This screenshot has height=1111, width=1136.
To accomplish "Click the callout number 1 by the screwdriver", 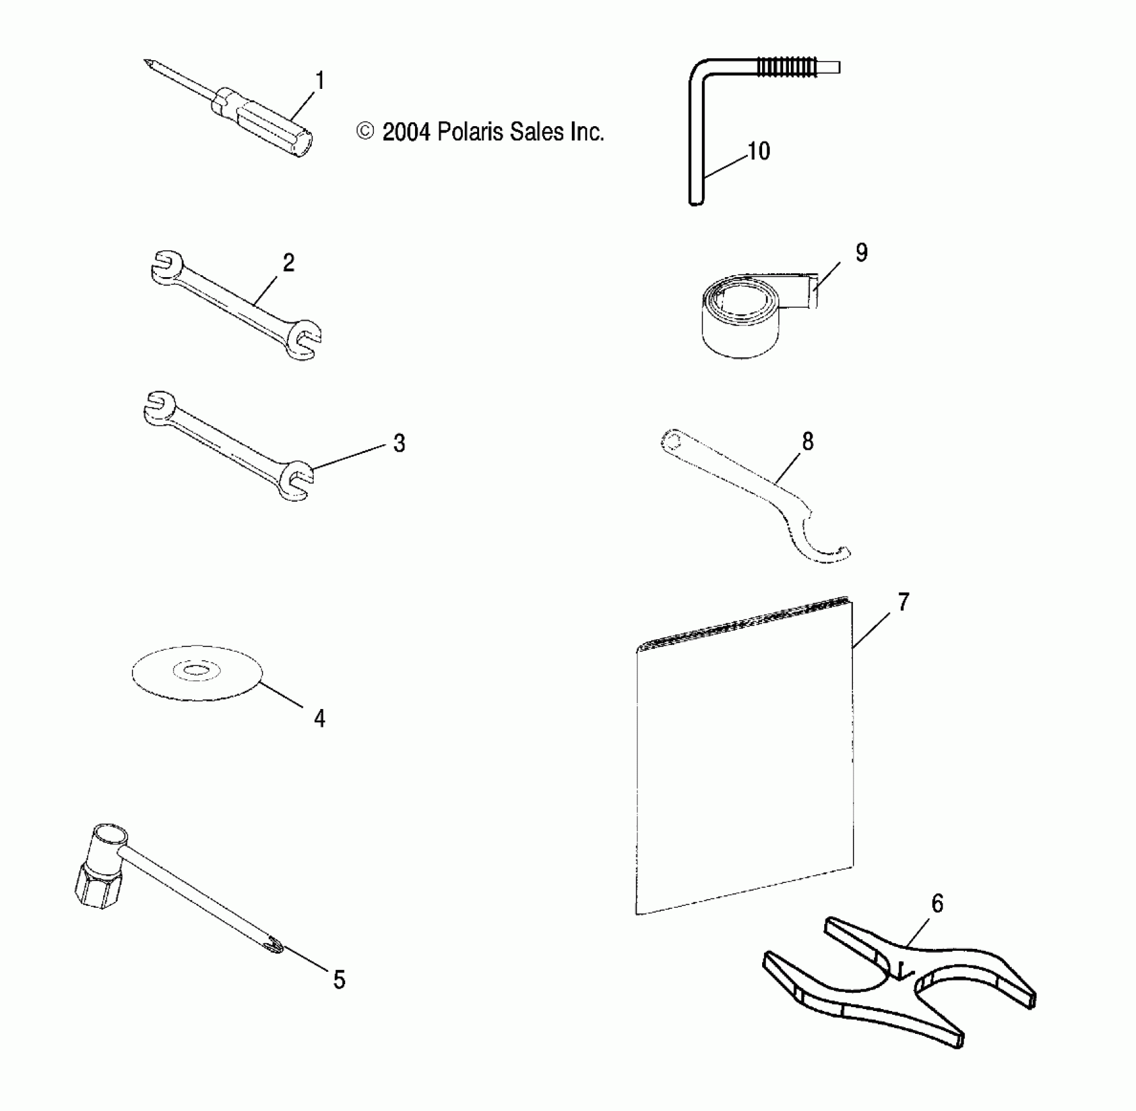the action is coord(320,82).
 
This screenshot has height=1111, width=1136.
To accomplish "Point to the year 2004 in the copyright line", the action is coord(406,133).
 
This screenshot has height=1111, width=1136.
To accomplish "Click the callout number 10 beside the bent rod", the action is coord(758,152).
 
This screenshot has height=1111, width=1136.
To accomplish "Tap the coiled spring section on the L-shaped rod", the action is coord(787,67).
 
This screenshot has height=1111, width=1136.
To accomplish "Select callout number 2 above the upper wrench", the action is coord(288,263).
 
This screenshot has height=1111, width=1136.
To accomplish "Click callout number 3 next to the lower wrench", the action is coord(399,444).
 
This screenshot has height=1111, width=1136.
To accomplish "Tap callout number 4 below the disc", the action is coord(319,719).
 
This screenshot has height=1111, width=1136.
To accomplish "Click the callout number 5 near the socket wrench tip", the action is coord(339,980).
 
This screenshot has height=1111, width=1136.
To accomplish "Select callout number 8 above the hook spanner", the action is coord(808,442).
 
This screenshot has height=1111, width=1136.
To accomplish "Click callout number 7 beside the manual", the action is coord(903,602).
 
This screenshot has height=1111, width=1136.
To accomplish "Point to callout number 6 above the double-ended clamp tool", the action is coord(937,904).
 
